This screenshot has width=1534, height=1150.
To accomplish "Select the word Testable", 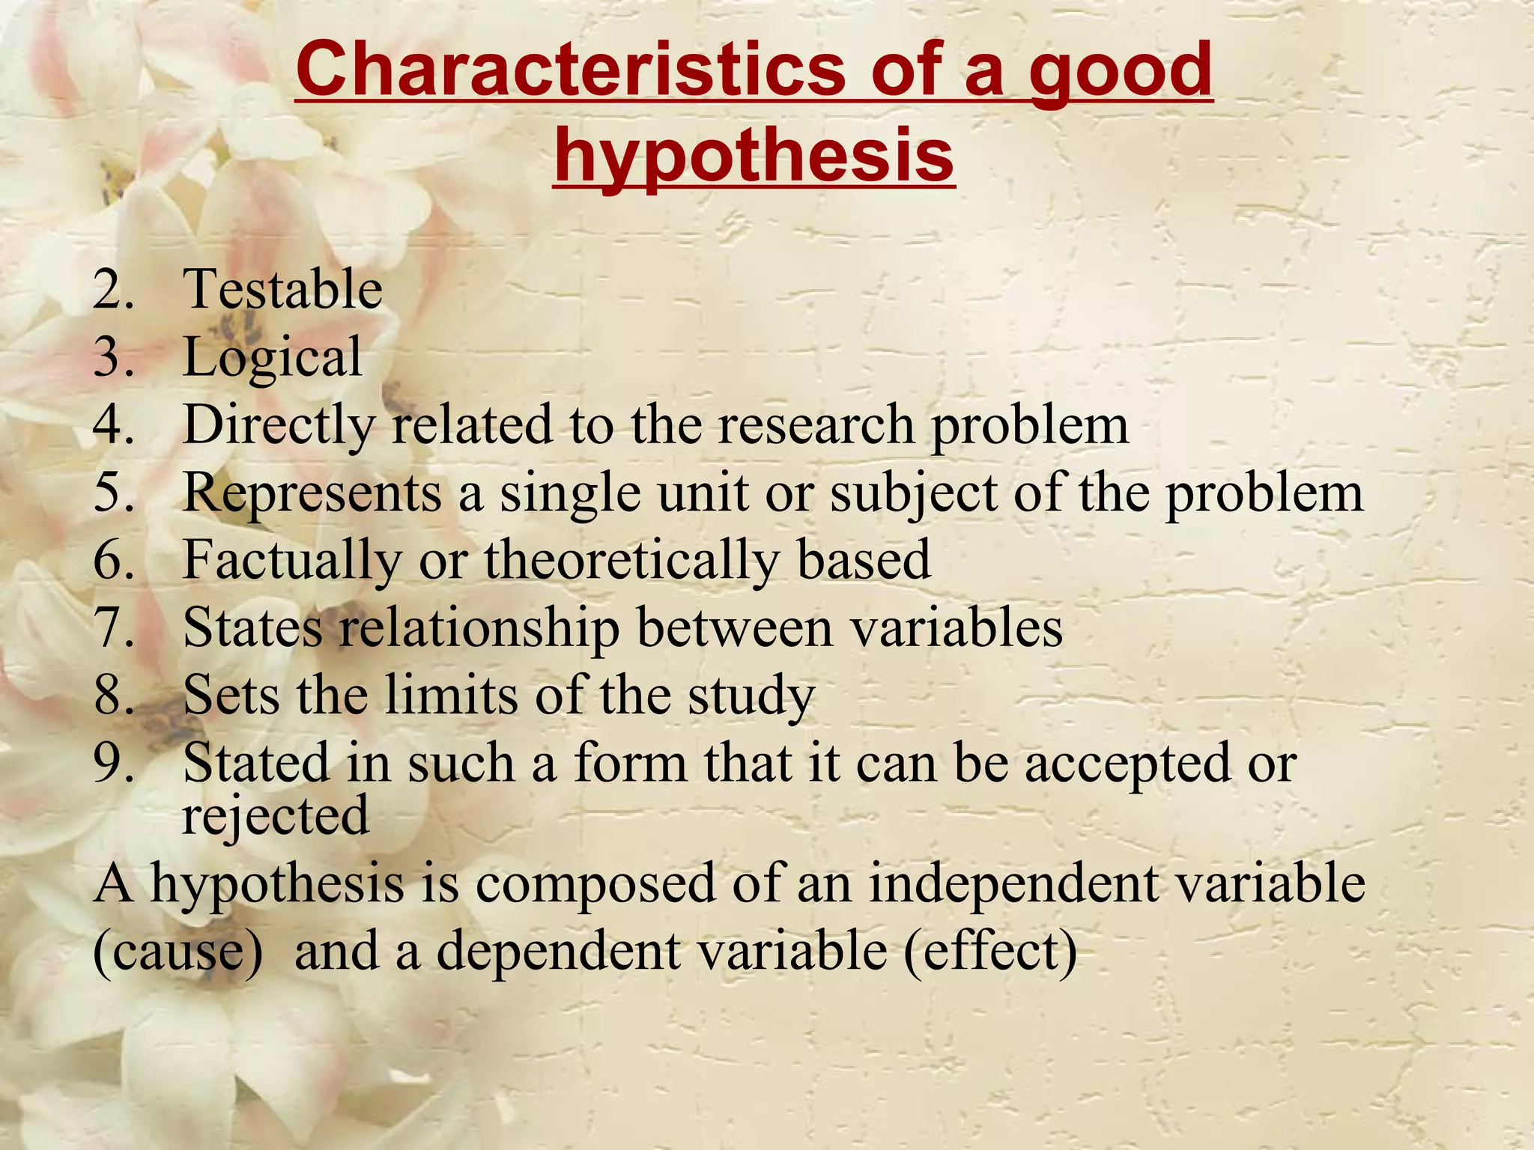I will pyautogui.click(x=282, y=289).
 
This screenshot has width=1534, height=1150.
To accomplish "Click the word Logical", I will pyautogui.click(x=273, y=358).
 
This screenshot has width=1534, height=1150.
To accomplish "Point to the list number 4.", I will pyautogui.click(x=113, y=425).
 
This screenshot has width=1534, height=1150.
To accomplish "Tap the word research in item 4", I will pyautogui.click(x=816, y=425).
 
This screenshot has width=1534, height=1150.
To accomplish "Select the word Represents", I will pyautogui.click(x=312, y=493).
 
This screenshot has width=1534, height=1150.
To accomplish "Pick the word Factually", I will pyautogui.click(x=291, y=561).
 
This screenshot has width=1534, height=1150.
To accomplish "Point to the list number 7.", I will pyautogui.click(x=113, y=627).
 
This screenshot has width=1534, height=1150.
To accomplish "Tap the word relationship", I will pyautogui.click(x=479, y=628).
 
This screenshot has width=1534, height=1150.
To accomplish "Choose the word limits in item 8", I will pyautogui.click(x=450, y=696).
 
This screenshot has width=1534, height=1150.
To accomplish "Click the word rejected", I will pyautogui.click(x=276, y=816).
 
